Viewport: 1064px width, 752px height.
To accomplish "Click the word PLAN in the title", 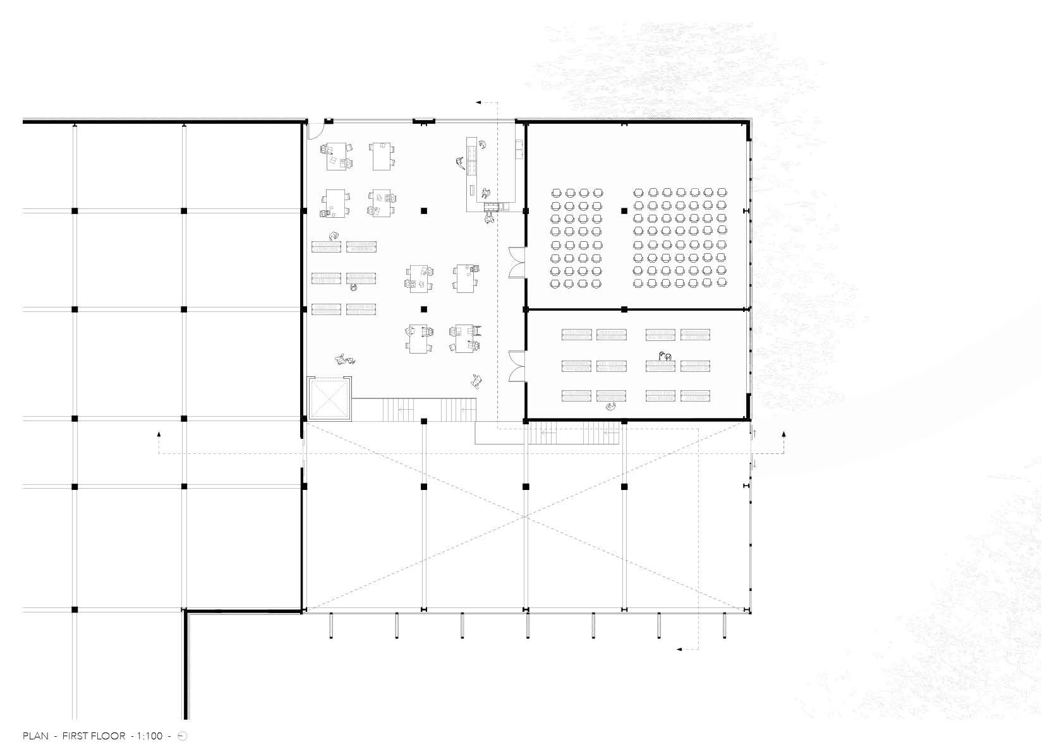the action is click(x=35, y=736).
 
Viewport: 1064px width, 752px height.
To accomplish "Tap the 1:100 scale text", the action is click(x=150, y=736).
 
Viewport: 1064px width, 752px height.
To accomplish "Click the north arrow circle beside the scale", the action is click(x=183, y=736).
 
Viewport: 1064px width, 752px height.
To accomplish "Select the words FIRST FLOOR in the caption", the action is click(x=94, y=736).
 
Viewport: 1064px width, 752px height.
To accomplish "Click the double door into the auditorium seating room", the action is click(x=517, y=262).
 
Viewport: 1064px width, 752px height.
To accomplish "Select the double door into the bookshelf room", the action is click(x=517, y=366).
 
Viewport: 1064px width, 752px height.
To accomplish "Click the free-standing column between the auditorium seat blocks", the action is click(x=624, y=211).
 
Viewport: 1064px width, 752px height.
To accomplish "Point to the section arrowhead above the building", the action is click(x=479, y=102).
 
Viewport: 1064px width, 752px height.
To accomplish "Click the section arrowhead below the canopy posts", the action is click(x=679, y=649).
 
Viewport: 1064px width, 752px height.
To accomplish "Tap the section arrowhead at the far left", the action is click(x=159, y=434).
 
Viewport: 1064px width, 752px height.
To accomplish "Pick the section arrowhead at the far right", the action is click(x=783, y=434).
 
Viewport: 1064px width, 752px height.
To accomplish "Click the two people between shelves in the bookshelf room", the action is click(x=665, y=355).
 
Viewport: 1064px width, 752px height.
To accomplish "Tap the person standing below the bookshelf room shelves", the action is click(x=612, y=407).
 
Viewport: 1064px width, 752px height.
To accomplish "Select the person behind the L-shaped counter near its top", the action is click(x=483, y=144).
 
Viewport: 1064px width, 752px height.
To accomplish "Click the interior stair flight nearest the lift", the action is click(x=399, y=409).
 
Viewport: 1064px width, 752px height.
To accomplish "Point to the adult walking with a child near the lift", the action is click(x=345, y=360).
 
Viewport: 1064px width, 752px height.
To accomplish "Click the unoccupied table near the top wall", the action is click(x=382, y=156).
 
